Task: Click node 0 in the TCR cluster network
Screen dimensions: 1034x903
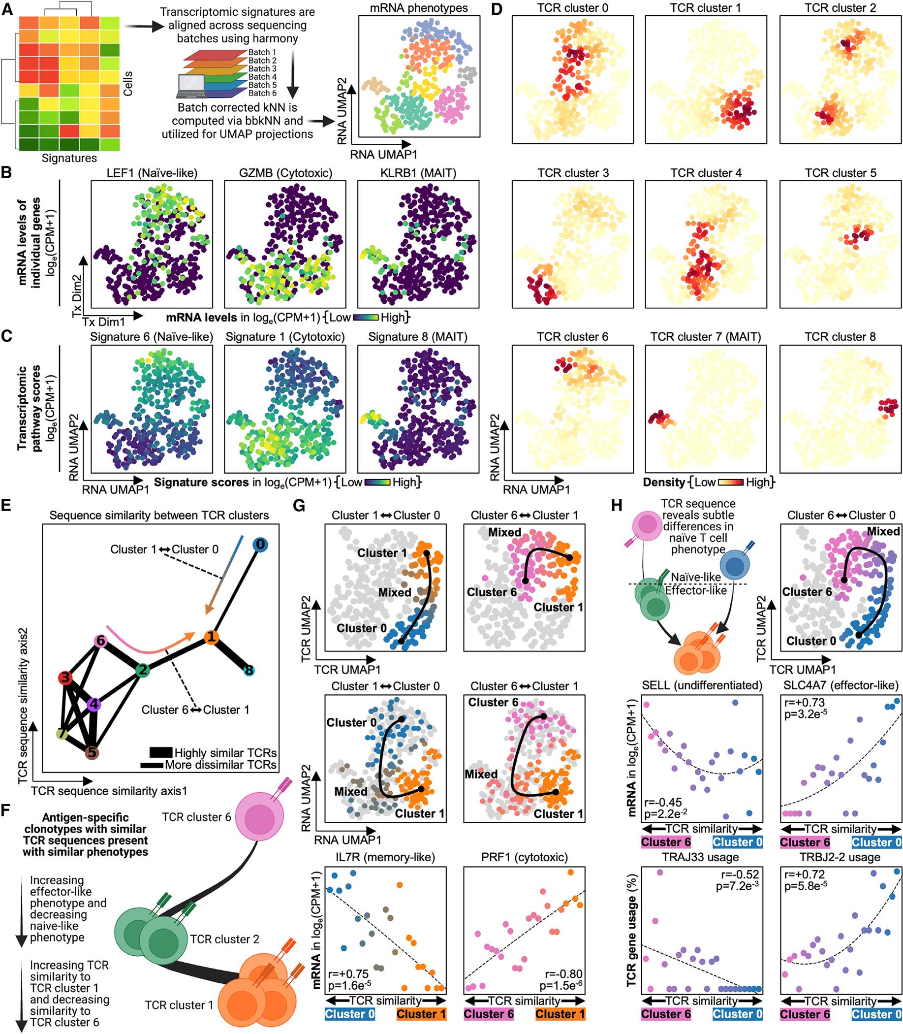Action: [259, 544]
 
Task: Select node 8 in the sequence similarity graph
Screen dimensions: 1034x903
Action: [248, 670]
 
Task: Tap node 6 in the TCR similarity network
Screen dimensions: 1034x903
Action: [100, 641]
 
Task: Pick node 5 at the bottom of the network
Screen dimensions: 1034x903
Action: [92, 753]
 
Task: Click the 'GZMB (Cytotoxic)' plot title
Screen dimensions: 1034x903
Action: [285, 173]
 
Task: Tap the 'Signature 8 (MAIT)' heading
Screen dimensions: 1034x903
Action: [418, 337]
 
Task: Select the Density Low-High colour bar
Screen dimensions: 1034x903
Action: [730, 483]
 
